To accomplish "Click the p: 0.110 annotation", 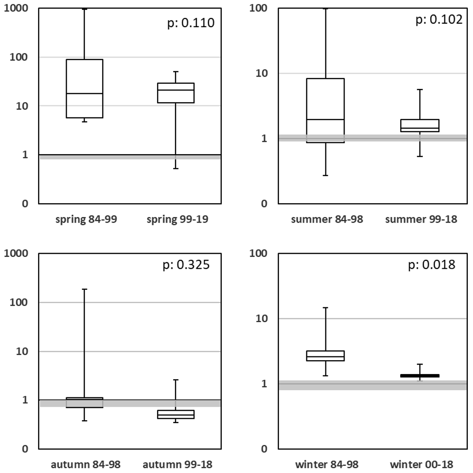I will [x=191, y=22].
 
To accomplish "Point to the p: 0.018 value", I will [x=432, y=265].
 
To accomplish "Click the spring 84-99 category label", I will [x=84, y=219].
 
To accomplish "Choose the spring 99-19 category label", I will [x=176, y=219].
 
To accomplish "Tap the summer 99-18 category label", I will [x=420, y=219].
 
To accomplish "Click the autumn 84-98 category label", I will [x=84, y=464].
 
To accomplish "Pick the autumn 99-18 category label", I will [x=176, y=464].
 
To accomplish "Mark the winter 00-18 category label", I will [x=420, y=464].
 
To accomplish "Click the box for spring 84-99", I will [x=84, y=88].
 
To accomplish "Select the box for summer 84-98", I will [x=326, y=110].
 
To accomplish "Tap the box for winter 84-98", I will [x=326, y=355].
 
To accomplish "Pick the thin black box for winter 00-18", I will [x=420, y=375].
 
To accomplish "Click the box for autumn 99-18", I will [x=176, y=414].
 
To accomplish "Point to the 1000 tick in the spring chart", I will [x=17, y=8].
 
